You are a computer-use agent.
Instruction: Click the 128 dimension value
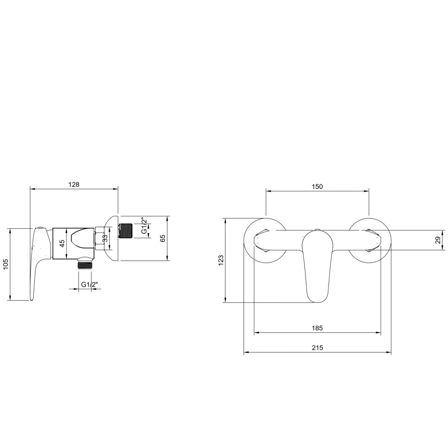tap(74, 184)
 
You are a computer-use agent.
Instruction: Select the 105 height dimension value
tap(6, 264)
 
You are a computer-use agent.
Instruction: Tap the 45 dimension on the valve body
tap(62, 243)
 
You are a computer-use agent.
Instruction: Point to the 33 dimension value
tap(105, 238)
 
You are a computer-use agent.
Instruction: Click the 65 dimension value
tap(162, 238)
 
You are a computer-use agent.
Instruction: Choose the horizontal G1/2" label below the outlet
tap(90, 284)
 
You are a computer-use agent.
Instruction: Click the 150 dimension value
tap(317, 187)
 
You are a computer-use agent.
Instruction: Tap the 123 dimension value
tap(221, 260)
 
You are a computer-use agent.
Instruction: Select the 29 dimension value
tap(438, 240)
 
